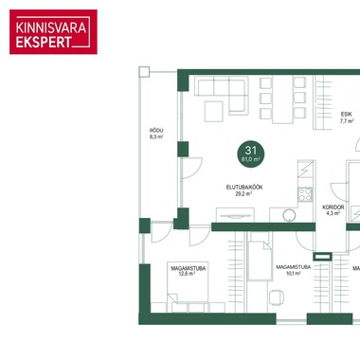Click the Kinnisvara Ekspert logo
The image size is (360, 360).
(x=53, y=32)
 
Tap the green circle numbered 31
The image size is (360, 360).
(x=251, y=153)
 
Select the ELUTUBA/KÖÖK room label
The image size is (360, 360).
(x=244, y=190)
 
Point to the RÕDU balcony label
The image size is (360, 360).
(x=156, y=134)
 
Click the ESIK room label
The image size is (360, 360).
(x=347, y=117)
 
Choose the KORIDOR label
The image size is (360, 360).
(x=333, y=210)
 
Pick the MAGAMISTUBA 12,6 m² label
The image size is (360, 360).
(x=189, y=271)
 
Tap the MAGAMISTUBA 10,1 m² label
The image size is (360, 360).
(x=294, y=270)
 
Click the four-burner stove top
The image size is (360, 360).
(x=305, y=194)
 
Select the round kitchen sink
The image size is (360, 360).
(x=289, y=215)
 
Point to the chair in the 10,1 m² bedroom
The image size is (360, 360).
(x=276, y=297)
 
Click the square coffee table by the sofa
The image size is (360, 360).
(x=214, y=111)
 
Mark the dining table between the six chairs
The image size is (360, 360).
(x=282, y=99)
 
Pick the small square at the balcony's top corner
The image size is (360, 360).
(x=144, y=72)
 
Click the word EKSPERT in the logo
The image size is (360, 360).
(x=44, y=42)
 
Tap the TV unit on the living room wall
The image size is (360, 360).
(x=235, y=215)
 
